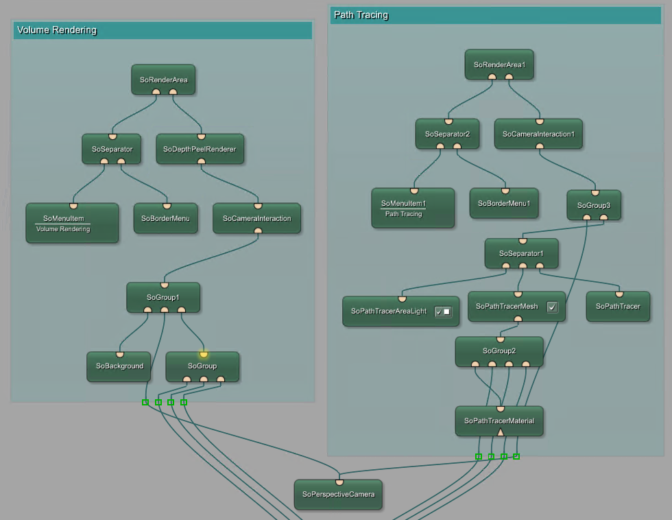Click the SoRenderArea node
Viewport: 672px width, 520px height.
tap(163, 80)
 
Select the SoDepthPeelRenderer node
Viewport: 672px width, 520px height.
tap(200, 149)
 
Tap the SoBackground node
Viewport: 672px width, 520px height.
tap(119, 366)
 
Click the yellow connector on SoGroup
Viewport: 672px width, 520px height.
tap(204, 355)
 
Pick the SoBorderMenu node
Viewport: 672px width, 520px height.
tap(165, 218)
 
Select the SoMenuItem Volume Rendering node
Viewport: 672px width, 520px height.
tap(72, 223)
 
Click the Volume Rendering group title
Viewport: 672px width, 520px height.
tap(57, 30)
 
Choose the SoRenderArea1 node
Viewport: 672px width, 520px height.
tap(499, 64)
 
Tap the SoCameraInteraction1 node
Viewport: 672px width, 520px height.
tap(538, 134)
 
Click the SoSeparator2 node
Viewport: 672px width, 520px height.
tap(447, 134)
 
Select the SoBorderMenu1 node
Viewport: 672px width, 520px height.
tap(504, 203)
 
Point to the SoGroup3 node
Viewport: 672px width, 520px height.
tap(594, 205)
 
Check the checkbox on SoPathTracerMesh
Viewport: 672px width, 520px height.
tap(552, 307)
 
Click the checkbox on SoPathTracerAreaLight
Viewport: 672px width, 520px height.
tap(443, 311)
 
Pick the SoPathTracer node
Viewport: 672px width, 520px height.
tap(618, 307)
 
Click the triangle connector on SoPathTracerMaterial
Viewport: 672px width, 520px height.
tap(501, 432)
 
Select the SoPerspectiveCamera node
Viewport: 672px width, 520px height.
tap(338, 494)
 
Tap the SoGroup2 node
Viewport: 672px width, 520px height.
tap(499, 351)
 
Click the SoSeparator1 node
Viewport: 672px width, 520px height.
tap(521, 253)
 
